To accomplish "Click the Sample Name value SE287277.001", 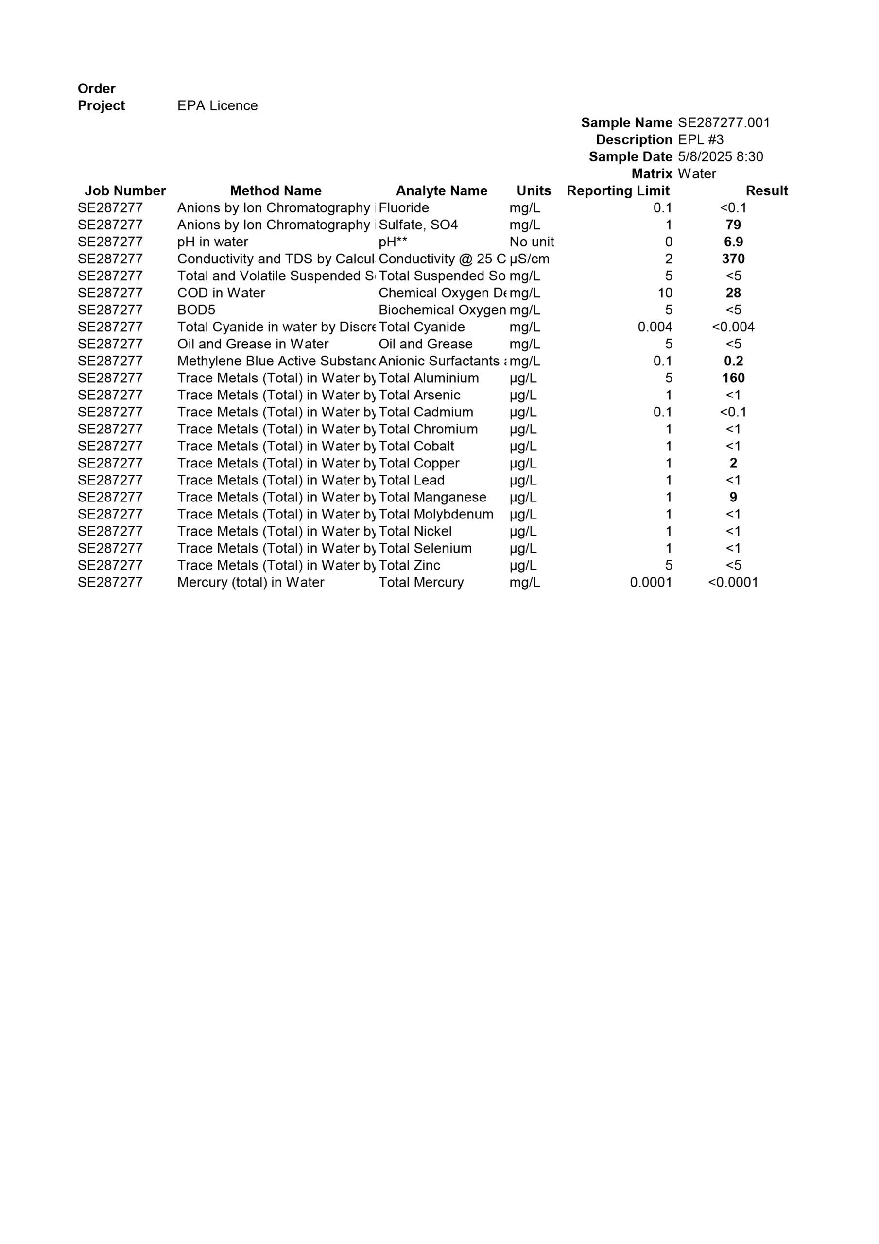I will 724,122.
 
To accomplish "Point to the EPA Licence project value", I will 217,105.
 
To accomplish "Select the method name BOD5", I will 196,310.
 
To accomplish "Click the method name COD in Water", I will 221,293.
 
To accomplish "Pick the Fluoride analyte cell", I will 404,208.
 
